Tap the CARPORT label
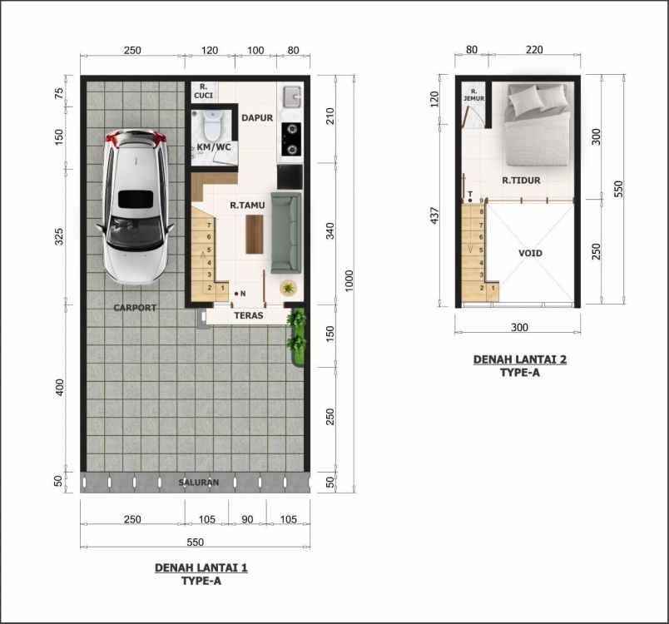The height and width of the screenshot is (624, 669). (x=135, y=308)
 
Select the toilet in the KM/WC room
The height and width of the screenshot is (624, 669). (x=212, y=126)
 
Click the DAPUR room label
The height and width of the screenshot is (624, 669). (x=257, y=118)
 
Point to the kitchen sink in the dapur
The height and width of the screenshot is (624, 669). (x=290, y=97)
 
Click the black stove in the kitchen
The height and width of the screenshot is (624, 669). (x=291, y=139)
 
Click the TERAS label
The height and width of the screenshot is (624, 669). (x=249, y=316)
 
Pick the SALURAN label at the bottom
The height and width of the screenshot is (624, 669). (x=199, y=483)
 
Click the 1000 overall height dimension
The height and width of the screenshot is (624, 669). (x=349, y=283)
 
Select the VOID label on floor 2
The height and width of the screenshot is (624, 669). (x=530, y=253)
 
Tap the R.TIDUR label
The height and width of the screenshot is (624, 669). (x=521, y=180)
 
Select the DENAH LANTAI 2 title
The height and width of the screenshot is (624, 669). (x=520, y=359)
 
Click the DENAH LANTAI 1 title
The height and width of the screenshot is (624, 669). (x=201, y=568)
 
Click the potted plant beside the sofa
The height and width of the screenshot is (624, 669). (x=288, y=288)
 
